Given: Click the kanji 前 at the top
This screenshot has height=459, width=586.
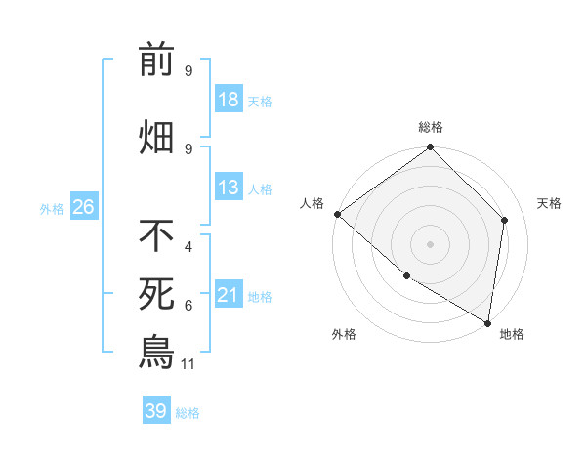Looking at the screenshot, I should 156,61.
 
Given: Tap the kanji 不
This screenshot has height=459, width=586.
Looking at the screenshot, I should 156,235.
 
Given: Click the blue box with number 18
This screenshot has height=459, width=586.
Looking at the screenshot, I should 228,101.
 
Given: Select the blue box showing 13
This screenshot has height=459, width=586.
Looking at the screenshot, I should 228,188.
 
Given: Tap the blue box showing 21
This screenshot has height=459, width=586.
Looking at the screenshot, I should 228,295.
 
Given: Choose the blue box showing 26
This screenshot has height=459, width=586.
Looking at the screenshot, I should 83,206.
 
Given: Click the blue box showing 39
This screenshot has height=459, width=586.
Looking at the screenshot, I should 156,411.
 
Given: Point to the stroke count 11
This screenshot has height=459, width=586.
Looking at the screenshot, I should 189,364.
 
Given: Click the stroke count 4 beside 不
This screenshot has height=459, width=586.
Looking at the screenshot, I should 188,248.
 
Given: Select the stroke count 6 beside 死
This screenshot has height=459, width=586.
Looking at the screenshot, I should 188,306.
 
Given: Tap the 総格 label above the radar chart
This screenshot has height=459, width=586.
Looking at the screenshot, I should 431,127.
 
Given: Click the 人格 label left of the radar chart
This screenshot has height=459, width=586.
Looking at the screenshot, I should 313,203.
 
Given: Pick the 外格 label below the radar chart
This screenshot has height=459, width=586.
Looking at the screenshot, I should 344,334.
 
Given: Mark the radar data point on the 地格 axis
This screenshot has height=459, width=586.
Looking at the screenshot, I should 487,322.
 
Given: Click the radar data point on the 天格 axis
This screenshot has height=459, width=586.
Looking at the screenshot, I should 505,220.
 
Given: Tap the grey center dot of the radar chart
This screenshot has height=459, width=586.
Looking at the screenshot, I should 430,244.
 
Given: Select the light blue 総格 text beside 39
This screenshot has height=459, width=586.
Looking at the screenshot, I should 188,412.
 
